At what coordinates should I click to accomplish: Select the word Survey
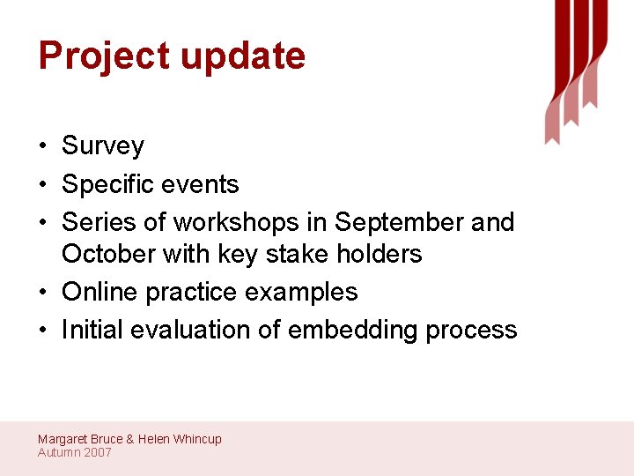(x=103, y=146)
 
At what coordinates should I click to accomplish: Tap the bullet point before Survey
(x=42, y=146)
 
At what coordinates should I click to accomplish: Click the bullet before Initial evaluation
(x=42, y=331)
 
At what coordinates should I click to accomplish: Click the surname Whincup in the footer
(x=197, y=439)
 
